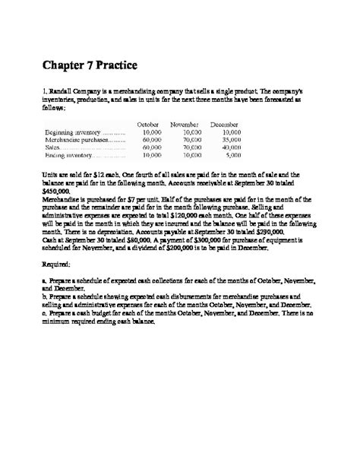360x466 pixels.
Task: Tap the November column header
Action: (x=185, y=124)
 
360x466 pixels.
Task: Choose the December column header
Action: (x=224, y=124)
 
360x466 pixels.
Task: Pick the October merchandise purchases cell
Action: (x=152, y=140)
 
